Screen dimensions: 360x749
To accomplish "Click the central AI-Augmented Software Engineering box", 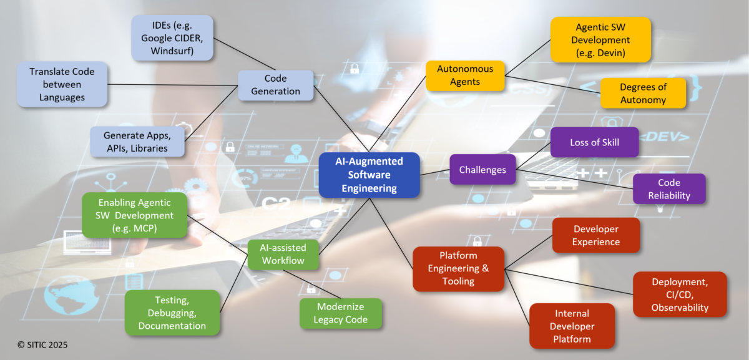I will pyautogui.click(x=369, y=175).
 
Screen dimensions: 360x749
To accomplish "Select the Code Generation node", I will pyautogui.click(x=275, y=85).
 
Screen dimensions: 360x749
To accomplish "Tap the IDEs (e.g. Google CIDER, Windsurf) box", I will pyautogui.click(x=172, y=38).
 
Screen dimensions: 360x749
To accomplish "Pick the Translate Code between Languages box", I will pyautogui.click(x=61, y=84).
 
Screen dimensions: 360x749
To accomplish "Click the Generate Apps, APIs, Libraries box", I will pyautogui.click(x=137, y=141).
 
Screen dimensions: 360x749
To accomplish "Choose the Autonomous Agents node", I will pyautogui.click(x=465, y=75).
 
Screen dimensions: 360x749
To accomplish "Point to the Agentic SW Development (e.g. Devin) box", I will pyautogui.click(x=600, y=40).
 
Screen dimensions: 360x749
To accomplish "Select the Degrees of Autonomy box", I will pyautogui.click(x=643, y=94).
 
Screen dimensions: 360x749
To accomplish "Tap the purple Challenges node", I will pyautogui.click(x=482, y=170).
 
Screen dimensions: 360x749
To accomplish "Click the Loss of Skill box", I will pyautogui.click(x=594, y=142).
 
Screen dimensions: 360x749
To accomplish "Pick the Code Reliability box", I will pyautogui.click(x=668, y=188).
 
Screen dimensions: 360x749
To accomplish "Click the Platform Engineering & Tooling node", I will pyautogui.click(x=458, y=268).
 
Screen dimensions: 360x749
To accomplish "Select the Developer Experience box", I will pyautogui.click(x=595, y=235).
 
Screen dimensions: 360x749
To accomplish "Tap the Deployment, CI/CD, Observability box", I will pyautogui.click(x=680, y=294).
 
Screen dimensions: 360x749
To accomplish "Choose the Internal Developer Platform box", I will pyautogui.click(x=572, y=326).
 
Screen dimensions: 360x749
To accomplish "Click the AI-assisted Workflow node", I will pyautogui.click(x=283, y=254).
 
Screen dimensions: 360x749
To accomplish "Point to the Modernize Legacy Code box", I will pyautogui.click(x=340, y=313).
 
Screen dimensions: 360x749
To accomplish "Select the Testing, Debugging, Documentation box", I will pyautogui.click(x=172, y=313).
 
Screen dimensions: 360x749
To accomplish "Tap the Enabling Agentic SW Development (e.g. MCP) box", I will pyautogui.click(x=135, y=215).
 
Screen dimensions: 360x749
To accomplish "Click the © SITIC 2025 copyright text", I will pyautogui.click(x=42, y=344).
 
